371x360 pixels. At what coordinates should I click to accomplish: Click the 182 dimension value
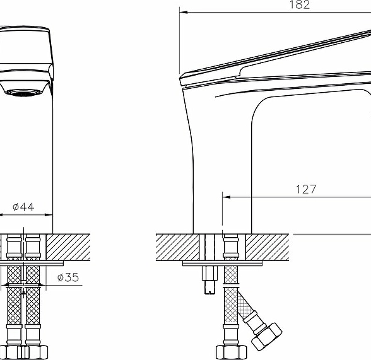pyautogui.click(x=300, y=5)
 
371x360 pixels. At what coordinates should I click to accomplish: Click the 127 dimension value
pyautogui.click(x=306, y=189)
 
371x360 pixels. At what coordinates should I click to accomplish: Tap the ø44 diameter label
pyautogui.click(x=23, y=207)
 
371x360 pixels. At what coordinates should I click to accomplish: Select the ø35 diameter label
pyautogui.click(x=68, y=277)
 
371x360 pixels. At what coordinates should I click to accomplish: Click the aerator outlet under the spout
pyautogui.click(x=23, y=93)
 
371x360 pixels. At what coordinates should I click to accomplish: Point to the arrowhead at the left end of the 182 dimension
pyautogui.click(x=184, y=12)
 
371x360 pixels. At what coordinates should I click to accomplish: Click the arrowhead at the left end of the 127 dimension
pyautogui.click(x=227, y=197)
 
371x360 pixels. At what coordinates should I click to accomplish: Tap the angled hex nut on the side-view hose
pyautogui.click(x=267, y=337)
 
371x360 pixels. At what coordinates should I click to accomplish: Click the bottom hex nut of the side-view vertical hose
pyautogui.click(x=232, y=352)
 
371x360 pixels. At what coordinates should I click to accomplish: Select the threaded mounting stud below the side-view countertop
pyautogui.click(x=210, y=280)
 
